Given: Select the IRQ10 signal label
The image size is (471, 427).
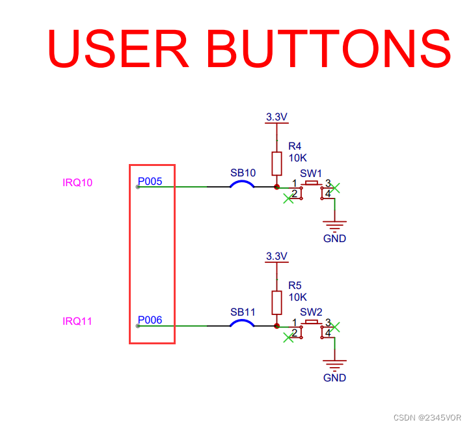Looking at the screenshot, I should pyautogui.click(x=77, y=182).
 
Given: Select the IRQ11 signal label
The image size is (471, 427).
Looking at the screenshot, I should pyautogui.click(x=77, y=321).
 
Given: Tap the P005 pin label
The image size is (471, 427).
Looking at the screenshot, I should pyautogui.click(x=150, y=182).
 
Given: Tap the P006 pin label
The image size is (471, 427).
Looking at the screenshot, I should pyautogui.click(x=150, y=320).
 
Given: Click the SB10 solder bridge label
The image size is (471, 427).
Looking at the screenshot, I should pyautogui.click(x=243, y=173).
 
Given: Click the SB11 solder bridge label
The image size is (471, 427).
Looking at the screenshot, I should pyautogui.click(x=243, y=312).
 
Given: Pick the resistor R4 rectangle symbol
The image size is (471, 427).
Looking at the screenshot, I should pyautogui.click(x=276, y=163).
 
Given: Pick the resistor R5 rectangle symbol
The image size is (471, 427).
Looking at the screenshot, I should pyautogui.click(x=276, y=302).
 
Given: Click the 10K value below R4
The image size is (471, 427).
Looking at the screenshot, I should pyautogui.click(x=297, y=158).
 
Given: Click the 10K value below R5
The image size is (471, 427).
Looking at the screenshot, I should pyautogui.click(x=297, y=297).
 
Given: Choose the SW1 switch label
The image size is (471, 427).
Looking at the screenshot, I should pyautogui.click(x=311, y=173).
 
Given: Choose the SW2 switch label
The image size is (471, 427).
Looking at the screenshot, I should pyautogui.click(x=311, y=312).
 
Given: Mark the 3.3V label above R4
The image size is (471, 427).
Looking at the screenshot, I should pyautogui.click(x=276, y=117).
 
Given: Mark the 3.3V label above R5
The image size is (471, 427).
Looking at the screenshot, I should pyautogui.click(x=276, y=256).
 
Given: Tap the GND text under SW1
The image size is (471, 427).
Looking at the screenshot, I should pyautogui.click(x=334, y=238).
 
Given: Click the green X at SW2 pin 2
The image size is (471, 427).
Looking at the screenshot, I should pyautogui.click(x=288, y=337).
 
